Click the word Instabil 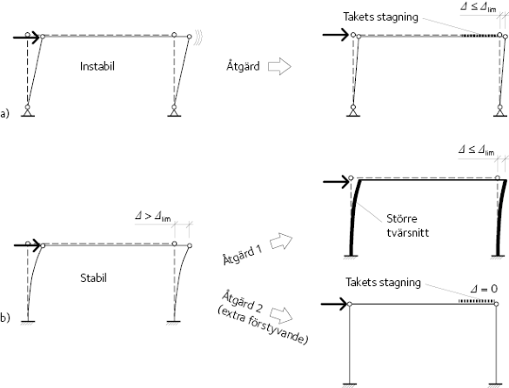[97, 66]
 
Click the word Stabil [93, 278]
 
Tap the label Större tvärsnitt [408, 225]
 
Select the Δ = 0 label [484, 289]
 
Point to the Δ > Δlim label [152, 216]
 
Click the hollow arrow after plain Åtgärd [279, 66]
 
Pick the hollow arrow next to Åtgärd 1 [281, 241]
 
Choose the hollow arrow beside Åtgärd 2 [281, 315]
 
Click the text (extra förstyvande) [262, 325]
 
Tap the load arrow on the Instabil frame [26, 37]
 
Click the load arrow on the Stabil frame [27, 245]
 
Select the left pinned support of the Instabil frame [28, 110]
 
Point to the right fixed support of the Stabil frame [173, 322]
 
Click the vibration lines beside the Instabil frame [198, 37]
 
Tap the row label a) [4, 114]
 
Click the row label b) [5, 318]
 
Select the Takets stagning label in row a [380, 17]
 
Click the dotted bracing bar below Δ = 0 [477, 302]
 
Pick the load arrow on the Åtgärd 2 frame [334, 304]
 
